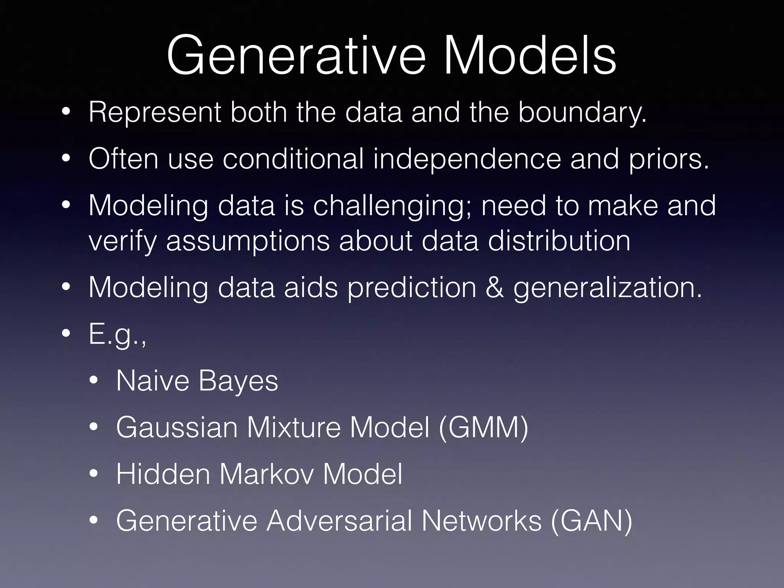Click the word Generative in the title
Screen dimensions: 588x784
coord(296,56)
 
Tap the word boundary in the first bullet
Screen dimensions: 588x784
coord(582,113)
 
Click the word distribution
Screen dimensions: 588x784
coord(559,241)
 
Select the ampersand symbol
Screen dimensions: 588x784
coord(495,288)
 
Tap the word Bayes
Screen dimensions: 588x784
coord(238,382)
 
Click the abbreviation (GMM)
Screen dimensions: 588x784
coord(483,428)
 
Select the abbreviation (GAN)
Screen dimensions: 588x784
coord(591,521)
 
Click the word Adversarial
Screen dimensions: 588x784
coord(339,521)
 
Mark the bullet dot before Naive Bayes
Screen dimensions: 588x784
coord(94,381)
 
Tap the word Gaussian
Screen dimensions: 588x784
coord(177,428)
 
